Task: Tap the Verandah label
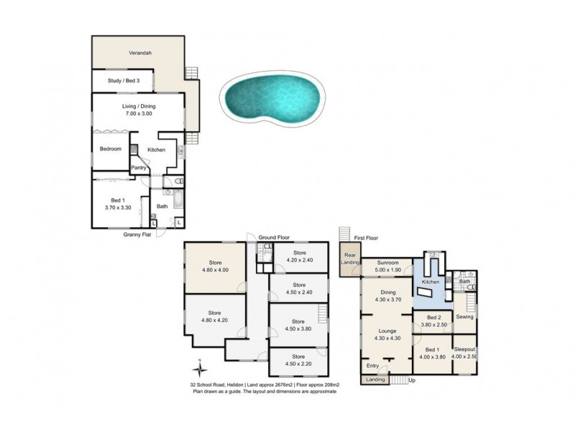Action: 140,54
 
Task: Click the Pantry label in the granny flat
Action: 139,168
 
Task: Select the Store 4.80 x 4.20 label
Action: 215,316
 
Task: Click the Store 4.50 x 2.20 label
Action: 299,360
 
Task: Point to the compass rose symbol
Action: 201,367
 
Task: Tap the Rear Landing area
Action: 351,259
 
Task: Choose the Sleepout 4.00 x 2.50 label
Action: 464,352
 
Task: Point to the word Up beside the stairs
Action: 412,379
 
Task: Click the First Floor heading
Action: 366,238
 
